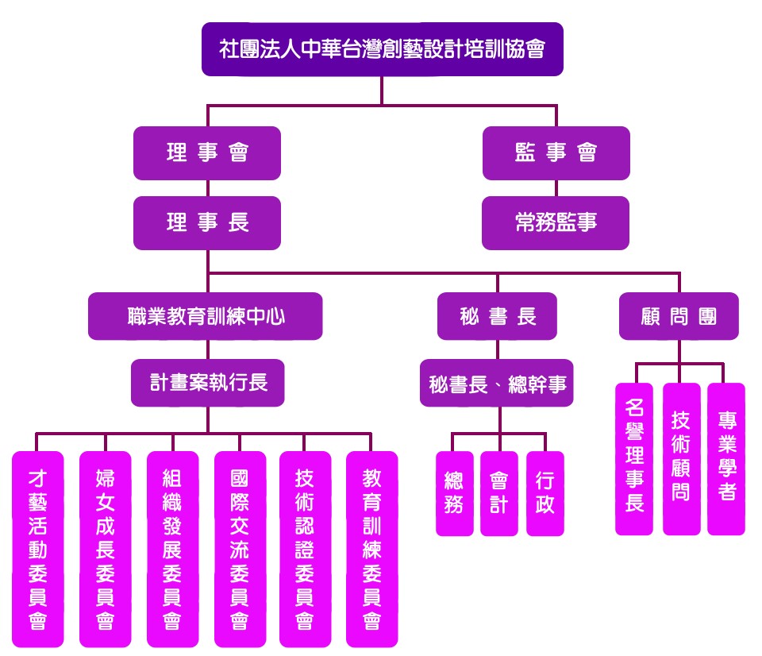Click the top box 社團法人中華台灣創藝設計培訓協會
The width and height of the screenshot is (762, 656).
(382, 48)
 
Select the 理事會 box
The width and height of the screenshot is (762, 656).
(207, 152)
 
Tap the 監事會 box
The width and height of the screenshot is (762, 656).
(556, 152)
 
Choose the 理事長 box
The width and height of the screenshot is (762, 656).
(207, 223)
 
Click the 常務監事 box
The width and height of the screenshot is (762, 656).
(556, 223)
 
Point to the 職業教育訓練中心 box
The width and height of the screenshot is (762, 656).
(206, 316)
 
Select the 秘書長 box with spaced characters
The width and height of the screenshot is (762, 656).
(498, 316)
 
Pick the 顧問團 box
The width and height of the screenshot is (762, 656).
(679, 316)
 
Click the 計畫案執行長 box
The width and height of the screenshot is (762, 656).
(208, 383)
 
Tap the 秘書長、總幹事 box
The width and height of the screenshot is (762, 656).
(497, 384)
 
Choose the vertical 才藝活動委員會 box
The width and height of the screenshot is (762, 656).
(37, 549)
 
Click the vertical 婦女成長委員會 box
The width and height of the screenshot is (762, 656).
(105, 549)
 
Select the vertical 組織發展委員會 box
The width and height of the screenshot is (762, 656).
(172, 549)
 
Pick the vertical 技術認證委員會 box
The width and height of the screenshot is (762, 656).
(305, 549)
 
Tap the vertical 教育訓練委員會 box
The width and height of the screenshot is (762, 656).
(371, 549)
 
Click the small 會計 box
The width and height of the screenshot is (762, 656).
(498, 493)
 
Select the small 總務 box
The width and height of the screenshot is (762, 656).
(454, 493)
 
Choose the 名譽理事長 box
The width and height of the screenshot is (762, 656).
(634, 458)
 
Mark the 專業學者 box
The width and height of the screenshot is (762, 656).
(726, 458)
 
